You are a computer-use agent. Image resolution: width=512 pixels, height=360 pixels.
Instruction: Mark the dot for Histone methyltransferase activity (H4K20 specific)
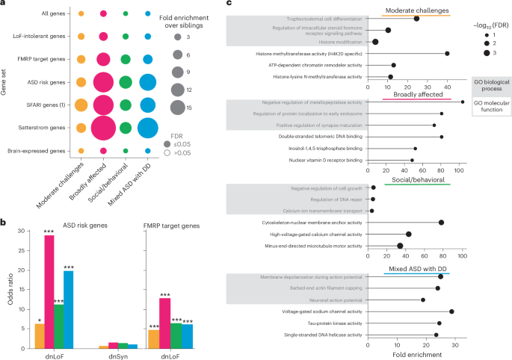click(447, 53)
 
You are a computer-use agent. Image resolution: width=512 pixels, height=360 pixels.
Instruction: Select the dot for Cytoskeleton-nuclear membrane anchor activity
click(441, 223)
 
